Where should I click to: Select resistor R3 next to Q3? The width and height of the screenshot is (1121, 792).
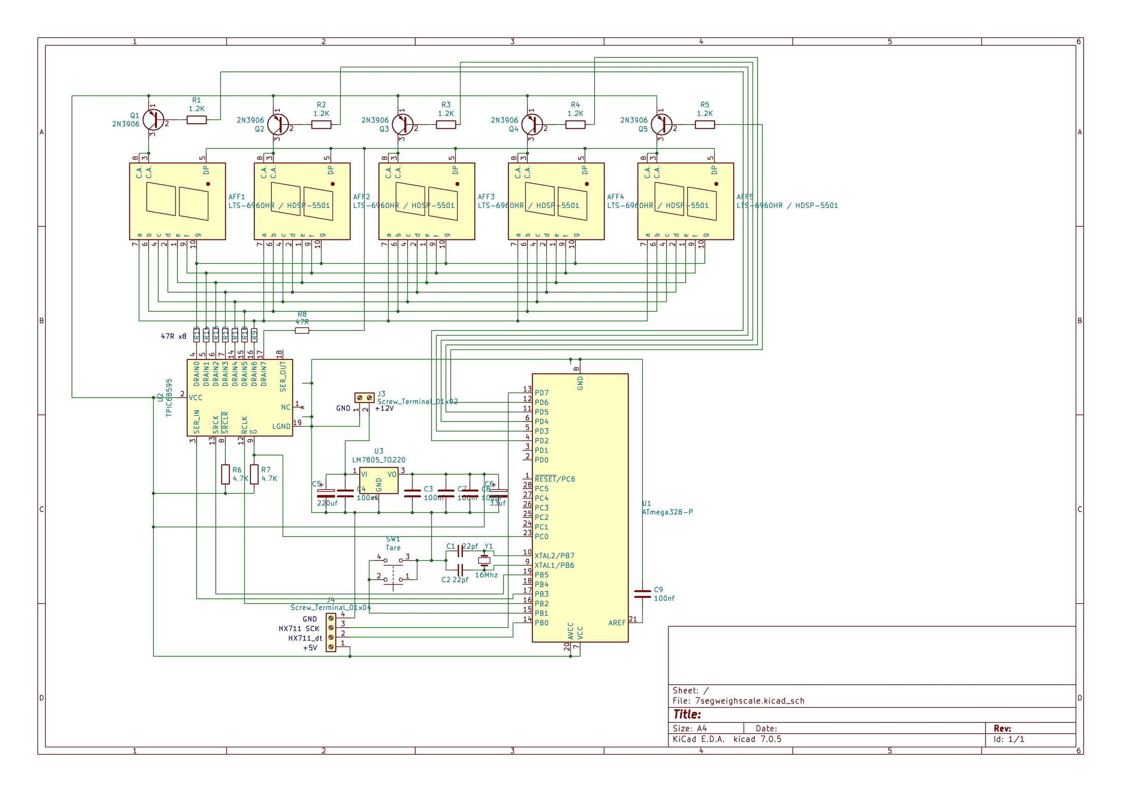[446, 125]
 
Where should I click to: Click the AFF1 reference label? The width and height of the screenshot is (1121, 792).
[237, 196]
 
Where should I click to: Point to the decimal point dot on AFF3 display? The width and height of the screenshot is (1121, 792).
[457, 184]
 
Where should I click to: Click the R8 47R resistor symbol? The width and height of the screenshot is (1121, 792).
[302, 330]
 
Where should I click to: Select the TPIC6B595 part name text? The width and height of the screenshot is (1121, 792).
[169, 397]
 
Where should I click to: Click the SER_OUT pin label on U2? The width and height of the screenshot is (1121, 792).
[283, 376]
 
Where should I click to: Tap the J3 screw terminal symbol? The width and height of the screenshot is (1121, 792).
[364, 398]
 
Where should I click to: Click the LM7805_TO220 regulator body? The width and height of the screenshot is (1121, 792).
[378, 481]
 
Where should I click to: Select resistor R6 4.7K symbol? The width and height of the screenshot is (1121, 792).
[225, 474]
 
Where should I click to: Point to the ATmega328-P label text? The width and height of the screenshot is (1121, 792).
[667, 512]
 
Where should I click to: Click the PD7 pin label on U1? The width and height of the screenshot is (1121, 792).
[541, 392]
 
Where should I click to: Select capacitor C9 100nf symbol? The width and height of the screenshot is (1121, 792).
[642, 593]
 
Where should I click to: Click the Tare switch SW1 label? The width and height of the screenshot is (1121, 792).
[393, 547]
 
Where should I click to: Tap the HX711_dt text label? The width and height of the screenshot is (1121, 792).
[305, 638]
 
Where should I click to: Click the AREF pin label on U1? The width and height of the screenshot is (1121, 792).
[617, 623]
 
